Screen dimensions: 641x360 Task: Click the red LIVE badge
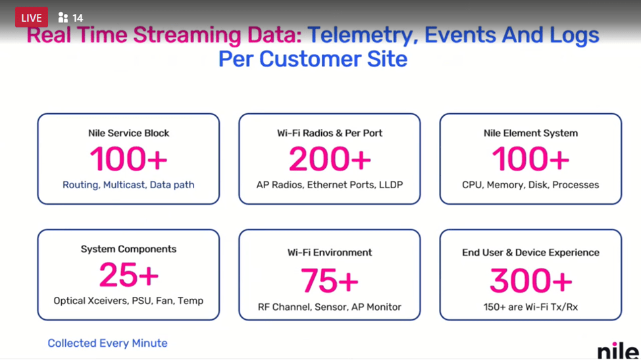(32, 18)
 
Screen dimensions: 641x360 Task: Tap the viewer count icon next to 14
(63, 18)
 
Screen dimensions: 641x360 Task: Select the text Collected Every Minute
(107, 344)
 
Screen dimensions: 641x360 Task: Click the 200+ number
(330, 159)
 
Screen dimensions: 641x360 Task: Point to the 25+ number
(129, 275)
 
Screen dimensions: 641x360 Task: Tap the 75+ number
(330, 281)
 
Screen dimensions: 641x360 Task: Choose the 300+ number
(530, 281)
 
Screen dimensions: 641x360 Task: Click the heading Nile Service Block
(129, 133)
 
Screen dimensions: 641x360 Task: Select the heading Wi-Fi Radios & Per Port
(330, 133)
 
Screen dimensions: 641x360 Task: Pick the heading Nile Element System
(530, 133)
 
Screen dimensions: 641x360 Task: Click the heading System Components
(129, 249)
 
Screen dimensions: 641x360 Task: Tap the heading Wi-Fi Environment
(330, 253)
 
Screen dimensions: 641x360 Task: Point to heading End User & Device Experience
(530, 253)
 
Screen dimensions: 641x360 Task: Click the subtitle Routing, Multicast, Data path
(128, 185)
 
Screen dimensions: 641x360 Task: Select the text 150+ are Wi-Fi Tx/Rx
(530, 307)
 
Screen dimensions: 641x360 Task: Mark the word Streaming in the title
(187, 36)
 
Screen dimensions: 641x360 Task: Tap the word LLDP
(391, 185)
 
